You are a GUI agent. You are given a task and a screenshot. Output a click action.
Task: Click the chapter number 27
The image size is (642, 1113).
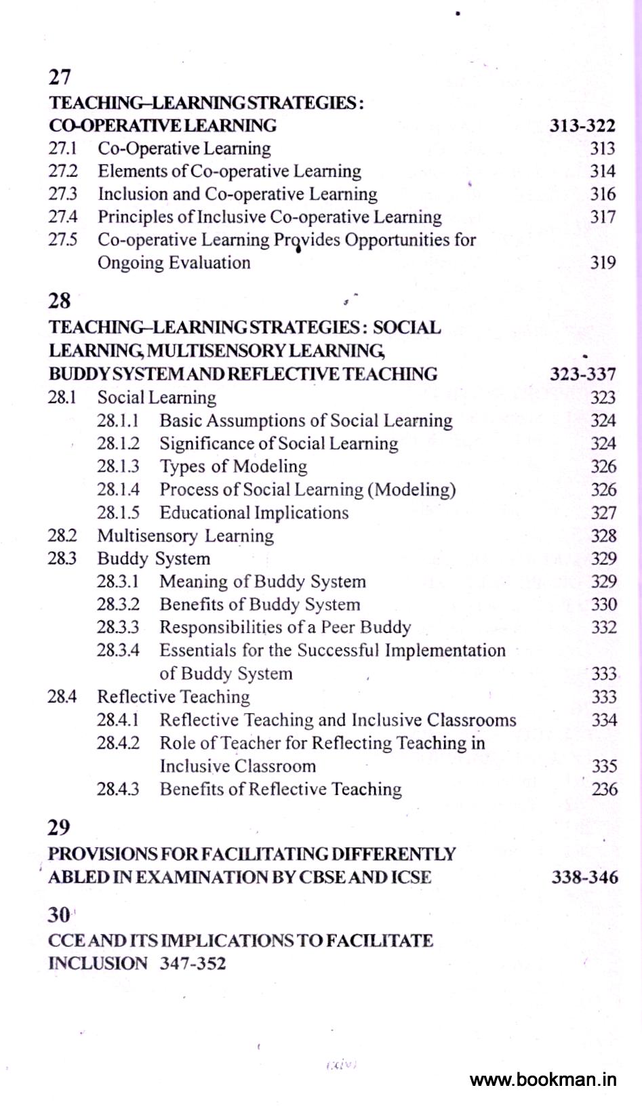pos(60,77)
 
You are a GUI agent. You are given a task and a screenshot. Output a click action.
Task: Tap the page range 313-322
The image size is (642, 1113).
pos(582,125)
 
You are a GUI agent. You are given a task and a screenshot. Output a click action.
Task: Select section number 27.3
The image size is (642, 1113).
pos(62,194)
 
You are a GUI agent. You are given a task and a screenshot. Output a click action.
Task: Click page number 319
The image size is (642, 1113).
pos(602,262)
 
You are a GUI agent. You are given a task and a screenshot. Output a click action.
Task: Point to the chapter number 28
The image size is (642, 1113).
pos(60,301)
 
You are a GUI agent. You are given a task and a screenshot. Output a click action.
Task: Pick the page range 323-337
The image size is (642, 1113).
pos(582,374)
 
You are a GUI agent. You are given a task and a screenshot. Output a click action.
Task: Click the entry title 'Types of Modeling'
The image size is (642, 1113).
pos(233,466)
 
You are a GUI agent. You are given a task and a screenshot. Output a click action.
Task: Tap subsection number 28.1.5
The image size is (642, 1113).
pos(118,512)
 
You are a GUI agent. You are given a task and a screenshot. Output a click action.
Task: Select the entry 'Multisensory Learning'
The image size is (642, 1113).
pos(185,535)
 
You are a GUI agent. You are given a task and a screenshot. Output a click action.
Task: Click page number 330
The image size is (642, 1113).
pos(603,604)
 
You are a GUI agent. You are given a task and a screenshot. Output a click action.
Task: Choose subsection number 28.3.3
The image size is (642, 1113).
pos(118,627)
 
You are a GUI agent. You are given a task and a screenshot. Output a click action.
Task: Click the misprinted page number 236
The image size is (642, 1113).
pos(603,789)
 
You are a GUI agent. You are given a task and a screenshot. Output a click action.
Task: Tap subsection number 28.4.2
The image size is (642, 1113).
pos(118,743)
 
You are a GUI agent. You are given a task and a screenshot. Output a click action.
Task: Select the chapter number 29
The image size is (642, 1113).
pos(59,828)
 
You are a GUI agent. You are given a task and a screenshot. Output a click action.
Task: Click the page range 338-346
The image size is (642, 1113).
pos(584,877)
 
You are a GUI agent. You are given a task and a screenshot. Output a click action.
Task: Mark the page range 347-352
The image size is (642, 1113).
pos(193,963)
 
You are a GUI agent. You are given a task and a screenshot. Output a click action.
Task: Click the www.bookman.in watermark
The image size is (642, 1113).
pos(543,1079)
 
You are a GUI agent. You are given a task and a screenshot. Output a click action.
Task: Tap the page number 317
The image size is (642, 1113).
pos(602,217)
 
